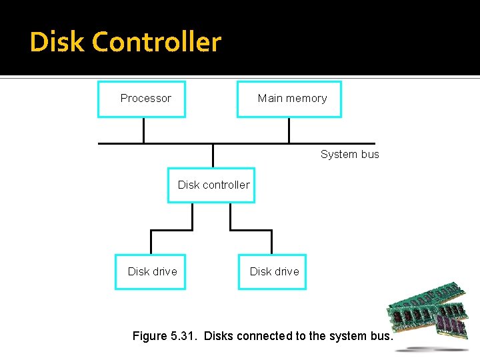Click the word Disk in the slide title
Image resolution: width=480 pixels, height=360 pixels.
point(57,42)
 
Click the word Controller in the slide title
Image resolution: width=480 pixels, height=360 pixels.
point(157,42)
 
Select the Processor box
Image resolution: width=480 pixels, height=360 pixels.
point(141,99)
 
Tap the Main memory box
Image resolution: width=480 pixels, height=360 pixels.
point(289,99)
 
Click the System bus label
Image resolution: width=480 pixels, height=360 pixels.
point(349,154)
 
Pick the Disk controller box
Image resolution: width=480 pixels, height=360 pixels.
point(211,185)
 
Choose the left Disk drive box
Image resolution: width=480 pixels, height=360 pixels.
point(150,271)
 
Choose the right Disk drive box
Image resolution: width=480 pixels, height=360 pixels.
point(272,271)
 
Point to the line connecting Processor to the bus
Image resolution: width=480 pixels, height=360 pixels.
point(143,130)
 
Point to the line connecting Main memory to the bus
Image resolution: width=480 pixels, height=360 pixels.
point(289,130)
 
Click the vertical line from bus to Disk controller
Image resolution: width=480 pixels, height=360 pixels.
point(213,155)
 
